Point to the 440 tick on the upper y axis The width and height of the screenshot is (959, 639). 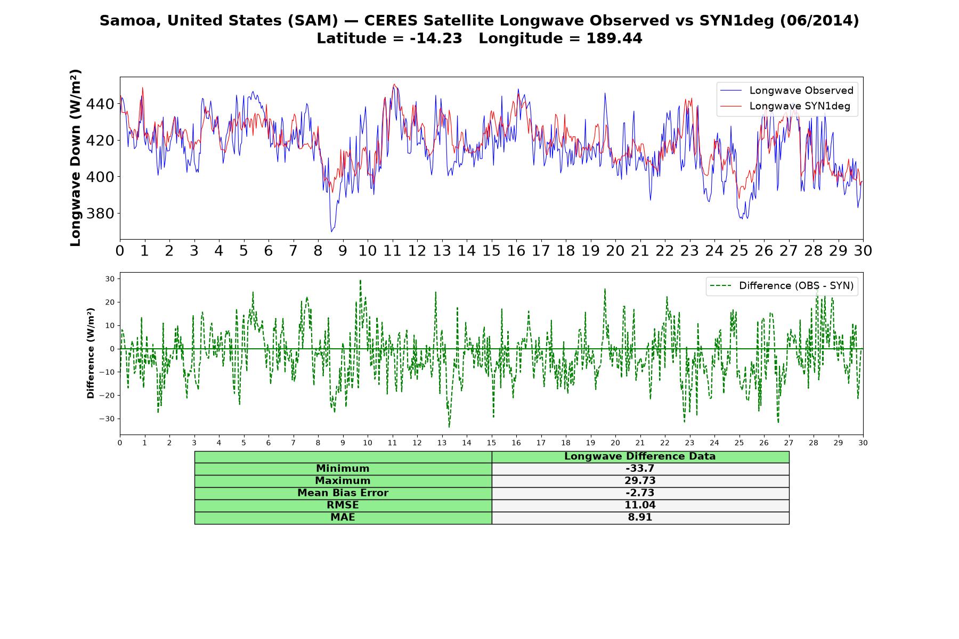pos(100,104)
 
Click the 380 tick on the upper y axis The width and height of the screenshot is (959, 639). pos(100,214)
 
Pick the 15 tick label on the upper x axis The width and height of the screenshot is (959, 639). pos(491,251)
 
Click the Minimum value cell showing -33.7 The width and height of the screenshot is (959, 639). pos(640,469)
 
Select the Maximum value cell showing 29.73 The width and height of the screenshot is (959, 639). pos(640,481)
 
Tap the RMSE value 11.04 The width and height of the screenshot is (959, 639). pos(640,505)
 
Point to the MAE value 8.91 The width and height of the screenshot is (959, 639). pos(640,517)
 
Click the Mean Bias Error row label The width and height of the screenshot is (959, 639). pos(343,493)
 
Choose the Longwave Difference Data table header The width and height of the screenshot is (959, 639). pos(640,456)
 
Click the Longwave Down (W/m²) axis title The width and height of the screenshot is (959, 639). pos(76,158)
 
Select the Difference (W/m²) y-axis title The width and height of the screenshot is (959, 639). pos(91,353)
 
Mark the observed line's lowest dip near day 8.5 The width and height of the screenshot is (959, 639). pos(331,232)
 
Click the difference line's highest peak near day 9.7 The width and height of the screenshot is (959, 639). pos(360,280)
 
